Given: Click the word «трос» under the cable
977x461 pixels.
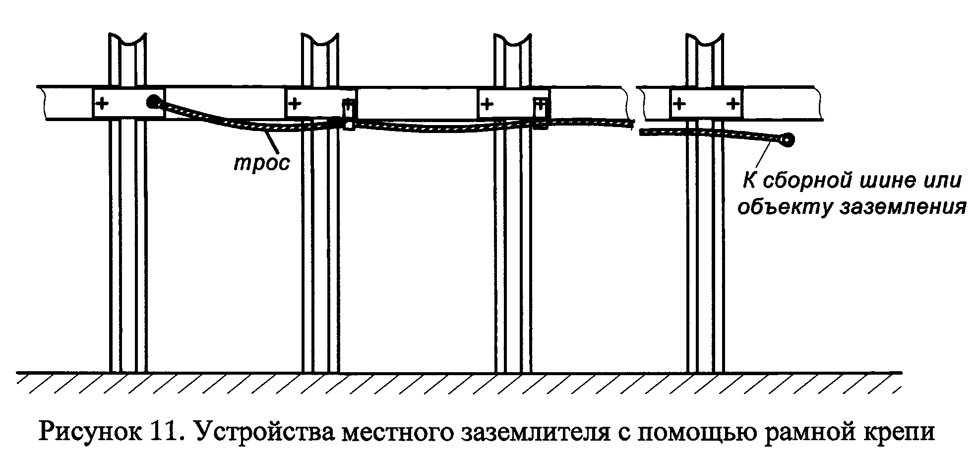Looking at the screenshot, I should pos(261,163).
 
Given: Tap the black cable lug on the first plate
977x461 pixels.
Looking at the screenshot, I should pos(153,102).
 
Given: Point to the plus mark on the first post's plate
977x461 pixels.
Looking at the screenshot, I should pos(102,104).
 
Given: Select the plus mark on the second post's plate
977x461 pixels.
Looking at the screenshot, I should pos(295,104).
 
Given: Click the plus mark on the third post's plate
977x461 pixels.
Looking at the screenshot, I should pos(488,104).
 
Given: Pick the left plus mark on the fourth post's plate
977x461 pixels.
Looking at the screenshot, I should pos(679,104).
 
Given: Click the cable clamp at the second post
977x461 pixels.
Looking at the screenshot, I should pos(349,114).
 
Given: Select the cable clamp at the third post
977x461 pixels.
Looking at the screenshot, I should pos(541,114).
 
